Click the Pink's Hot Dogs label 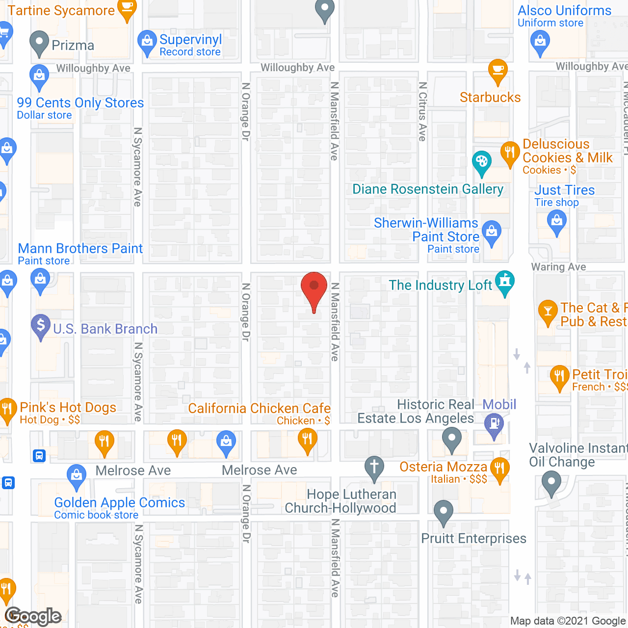68,408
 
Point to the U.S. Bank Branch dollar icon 41,325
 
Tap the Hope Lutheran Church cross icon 374,466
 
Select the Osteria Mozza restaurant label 443,467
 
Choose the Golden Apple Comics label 119,503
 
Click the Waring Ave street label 558,267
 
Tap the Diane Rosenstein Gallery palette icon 481,162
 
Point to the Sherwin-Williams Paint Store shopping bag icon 491,231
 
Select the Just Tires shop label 564,190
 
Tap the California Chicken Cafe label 259,409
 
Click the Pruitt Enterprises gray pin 444,511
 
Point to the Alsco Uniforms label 564,11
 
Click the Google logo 33,616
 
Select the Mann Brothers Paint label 80,249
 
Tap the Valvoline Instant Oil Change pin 551,482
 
